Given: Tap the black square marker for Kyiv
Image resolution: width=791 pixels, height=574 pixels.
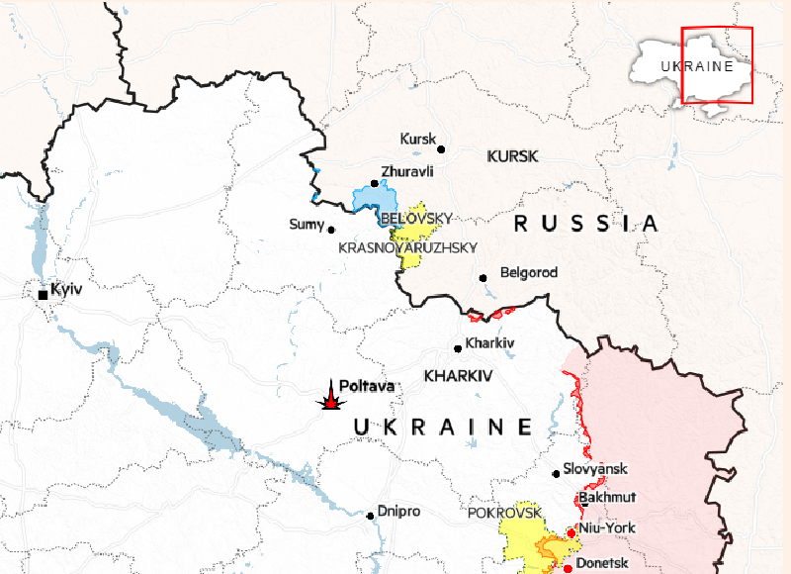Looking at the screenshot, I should [x=44, y=294].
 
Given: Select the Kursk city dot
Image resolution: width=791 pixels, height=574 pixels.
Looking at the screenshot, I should [x=441, y=149].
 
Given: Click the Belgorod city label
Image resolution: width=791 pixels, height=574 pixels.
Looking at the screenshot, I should [x=529, y=272].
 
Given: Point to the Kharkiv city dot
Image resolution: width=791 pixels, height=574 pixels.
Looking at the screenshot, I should [x=458, y=348].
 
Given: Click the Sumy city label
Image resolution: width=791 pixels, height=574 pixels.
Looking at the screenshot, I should [x=306, y=225].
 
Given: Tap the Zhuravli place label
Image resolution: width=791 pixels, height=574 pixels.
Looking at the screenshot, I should [x=406, y=171].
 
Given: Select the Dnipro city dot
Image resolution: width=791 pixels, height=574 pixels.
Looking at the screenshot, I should [x=371, y=515].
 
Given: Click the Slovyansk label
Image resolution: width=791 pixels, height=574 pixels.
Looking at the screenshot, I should [x=595, y=469].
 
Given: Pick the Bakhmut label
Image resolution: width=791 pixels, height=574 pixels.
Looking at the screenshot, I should [x=607, y=497].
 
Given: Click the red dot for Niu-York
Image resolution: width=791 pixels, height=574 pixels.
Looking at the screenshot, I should [x=571, y=532].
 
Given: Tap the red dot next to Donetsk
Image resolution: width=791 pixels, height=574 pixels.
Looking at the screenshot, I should [x=568, y=568].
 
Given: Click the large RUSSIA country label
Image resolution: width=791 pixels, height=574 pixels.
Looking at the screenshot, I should [x=585, y=224].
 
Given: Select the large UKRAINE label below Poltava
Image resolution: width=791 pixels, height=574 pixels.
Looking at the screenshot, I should [x=443, y=428].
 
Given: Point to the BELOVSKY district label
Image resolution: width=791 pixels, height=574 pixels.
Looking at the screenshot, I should [x=416, y=218].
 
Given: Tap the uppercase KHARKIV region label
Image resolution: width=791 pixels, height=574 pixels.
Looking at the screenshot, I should [x=458, y=376].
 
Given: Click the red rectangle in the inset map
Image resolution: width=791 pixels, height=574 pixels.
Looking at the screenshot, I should [x=717, y=65].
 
